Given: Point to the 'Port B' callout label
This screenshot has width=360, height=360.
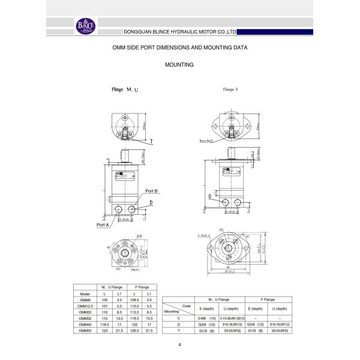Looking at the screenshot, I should [x=152, y=190].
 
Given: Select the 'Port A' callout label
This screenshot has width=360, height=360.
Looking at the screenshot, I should [x=103, y=225].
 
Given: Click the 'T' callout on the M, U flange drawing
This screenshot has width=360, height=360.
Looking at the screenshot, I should [x=151, y=142].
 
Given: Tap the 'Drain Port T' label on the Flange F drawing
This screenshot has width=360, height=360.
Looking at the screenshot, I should [x=207, y=141].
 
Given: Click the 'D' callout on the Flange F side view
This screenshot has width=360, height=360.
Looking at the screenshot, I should [x=209, y=196].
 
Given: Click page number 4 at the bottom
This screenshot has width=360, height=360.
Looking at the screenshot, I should [x=180, y=345].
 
